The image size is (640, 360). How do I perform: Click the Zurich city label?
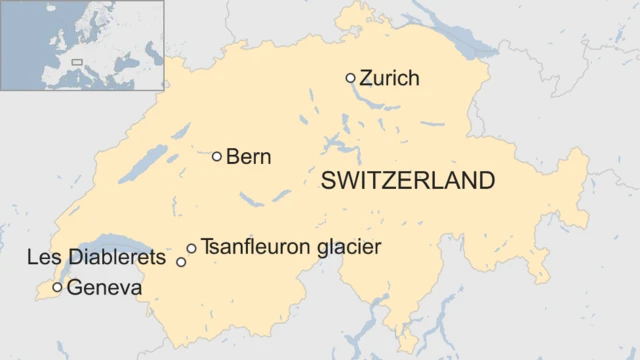coord(389,78)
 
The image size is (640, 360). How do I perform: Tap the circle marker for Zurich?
coord(350,78)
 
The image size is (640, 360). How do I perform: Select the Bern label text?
coord(249,157)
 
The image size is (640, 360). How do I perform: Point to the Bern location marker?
coord(217,156)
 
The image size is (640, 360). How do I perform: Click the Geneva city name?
coord(104,288)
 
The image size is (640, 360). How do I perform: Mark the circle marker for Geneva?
coord(57,288)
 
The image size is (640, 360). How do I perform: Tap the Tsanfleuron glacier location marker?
coord(191,248)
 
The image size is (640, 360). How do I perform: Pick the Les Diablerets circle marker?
coord(181,262)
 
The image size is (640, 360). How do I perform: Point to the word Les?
coord(42,258)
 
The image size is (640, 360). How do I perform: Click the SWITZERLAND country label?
coord(407,181)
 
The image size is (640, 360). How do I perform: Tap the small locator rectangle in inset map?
coord(77,63)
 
